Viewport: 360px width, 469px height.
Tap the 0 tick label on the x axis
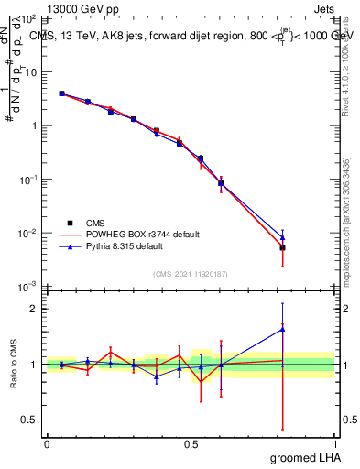47,442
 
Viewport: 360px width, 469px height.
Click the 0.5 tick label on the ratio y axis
29,420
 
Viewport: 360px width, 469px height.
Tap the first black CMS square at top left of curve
61,93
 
